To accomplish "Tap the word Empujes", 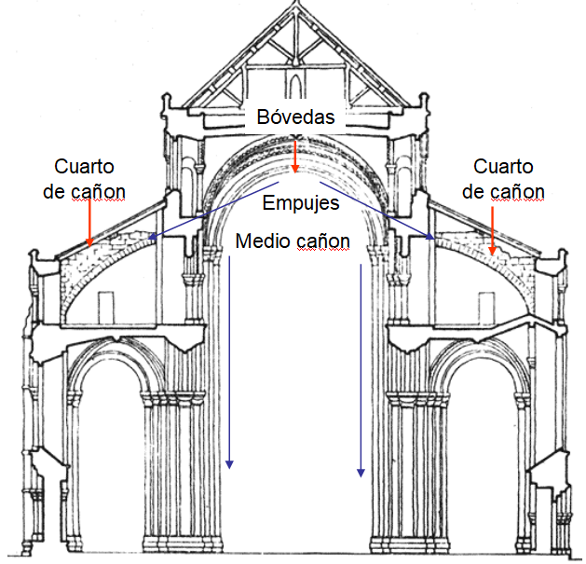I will coord(300,202).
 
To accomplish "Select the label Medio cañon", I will coord(293,241).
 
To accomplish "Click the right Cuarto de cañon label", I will coord(503,179).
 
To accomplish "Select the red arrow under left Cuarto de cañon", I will coord(89,223).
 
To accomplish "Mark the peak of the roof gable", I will coord(293,7).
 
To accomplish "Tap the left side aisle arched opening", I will coord(104,438).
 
